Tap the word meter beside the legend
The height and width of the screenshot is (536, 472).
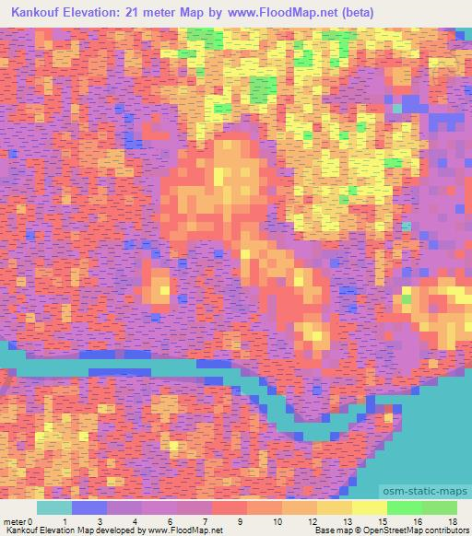[x=14, y=521]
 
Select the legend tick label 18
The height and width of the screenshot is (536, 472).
[x=451, y=521]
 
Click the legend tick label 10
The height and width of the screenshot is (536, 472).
[x=276, y=521]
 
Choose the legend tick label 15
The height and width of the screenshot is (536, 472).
[x=381, y=521]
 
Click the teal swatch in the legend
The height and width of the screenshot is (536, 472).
[x=54, y=507]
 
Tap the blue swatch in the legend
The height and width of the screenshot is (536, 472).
[x=89, y=507]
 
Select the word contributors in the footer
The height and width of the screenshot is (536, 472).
[x=443, y=530]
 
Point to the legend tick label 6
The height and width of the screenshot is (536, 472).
[x=171, y=521]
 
